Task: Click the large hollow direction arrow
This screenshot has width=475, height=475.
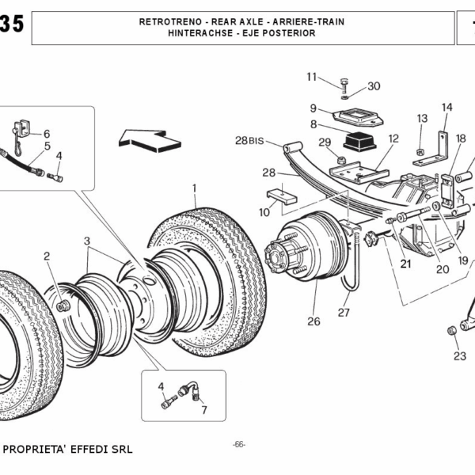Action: tap(150, 139)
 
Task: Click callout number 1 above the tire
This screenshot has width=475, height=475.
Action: tap(194, 188)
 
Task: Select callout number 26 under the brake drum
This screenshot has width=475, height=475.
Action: tap(314, 321)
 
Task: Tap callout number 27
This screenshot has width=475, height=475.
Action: tap(344, 313)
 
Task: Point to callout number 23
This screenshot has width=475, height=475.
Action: tap(459, 355)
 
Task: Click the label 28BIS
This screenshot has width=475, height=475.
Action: tap(248, 141)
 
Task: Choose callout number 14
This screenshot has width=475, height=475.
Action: tap(447, 107)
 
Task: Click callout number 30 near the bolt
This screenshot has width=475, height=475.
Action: tap(374, 86)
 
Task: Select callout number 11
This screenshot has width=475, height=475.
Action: tap(312, 76)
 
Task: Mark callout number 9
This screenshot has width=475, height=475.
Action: tap(313, 108)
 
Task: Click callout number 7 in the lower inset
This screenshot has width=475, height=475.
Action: tap(203, 409)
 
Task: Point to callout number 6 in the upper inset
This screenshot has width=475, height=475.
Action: tap(46, 134)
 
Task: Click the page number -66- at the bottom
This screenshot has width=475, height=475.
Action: tap(238, 444)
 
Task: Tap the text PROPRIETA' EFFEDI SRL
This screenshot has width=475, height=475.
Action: tap(68, 450)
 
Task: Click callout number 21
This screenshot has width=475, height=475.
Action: tap(405, 264)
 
